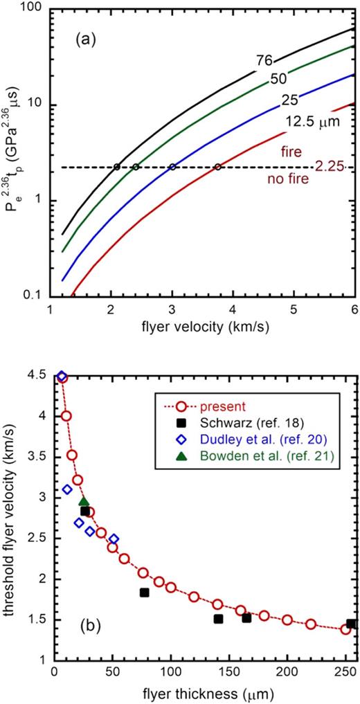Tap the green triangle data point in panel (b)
[x=84, y=502]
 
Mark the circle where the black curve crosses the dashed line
[x=117, y=167]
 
